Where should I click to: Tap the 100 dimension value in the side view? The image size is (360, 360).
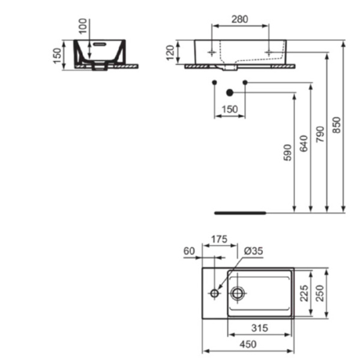point(83,27)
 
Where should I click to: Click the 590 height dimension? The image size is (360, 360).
point(287,153)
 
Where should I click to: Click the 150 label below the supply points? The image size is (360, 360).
point(230,109)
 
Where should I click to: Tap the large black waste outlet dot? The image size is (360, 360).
point(229,92)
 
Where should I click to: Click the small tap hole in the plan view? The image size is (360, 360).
point(214,293)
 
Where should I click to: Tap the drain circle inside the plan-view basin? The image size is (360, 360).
point(238,293)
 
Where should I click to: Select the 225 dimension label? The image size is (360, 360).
point(304,293)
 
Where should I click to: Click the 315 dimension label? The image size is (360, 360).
point(259,329)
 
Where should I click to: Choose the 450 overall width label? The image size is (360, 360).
point(248,344)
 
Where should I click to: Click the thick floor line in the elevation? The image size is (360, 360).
point(240,212)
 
